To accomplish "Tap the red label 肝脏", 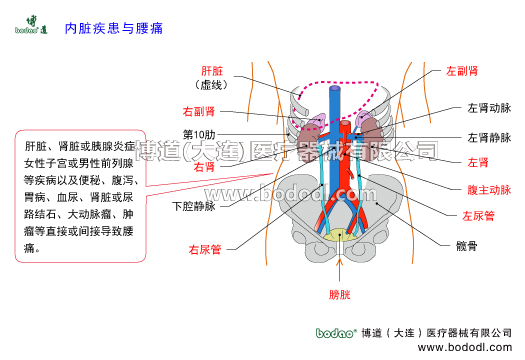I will point(212,72).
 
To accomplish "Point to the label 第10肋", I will point(199,134).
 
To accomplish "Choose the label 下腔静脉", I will point(194,208).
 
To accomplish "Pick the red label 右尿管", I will point(205,248).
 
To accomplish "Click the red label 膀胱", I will point(340,293).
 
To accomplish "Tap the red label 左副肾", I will point(462,72).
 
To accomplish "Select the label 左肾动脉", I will point(489,109).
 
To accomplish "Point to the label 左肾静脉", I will point(489,137).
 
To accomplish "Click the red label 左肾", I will point(478,162).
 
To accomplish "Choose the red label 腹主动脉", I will point(489,189).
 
